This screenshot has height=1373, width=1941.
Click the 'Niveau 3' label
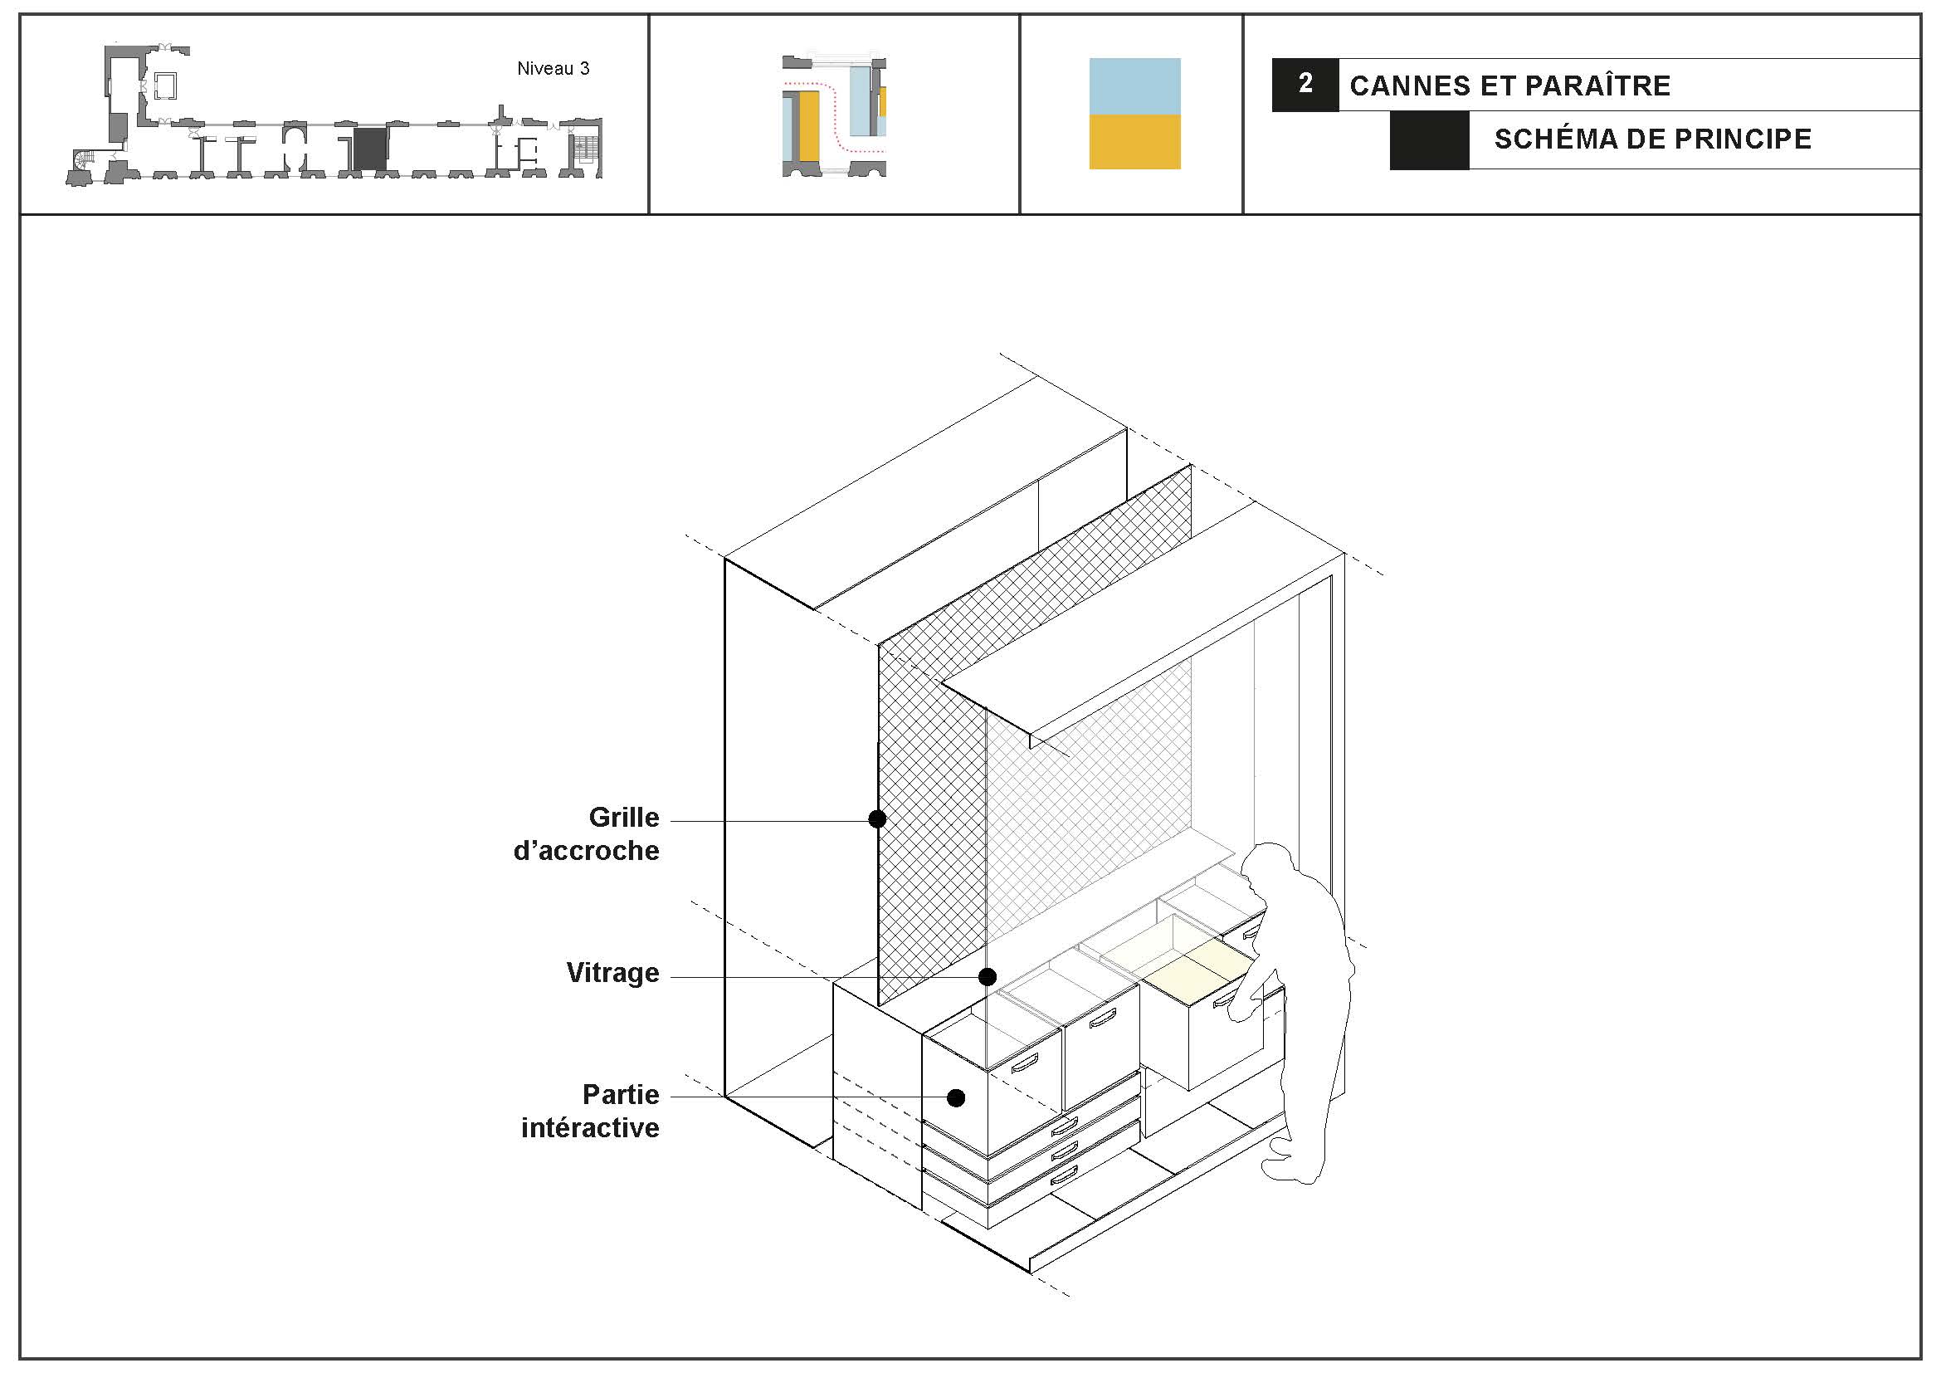[553, 68]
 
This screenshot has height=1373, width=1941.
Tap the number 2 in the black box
[1305, 83]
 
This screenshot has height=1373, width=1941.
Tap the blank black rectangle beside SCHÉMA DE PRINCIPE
[1429, 139]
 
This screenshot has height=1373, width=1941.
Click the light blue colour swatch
[1134, 86]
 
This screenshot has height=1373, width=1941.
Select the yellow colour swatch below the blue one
[1134, 142]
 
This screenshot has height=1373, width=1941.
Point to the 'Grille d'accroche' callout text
[586, 833]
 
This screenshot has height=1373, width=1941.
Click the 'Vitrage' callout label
[613, 973]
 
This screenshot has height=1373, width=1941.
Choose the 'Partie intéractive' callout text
[590, 1111]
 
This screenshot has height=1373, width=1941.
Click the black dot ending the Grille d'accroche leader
[877, 818]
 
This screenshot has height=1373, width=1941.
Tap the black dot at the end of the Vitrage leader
[988, 977]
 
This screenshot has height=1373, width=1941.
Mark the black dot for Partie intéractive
[956, 1098]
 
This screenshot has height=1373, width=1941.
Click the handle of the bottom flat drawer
[1065, 1174]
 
